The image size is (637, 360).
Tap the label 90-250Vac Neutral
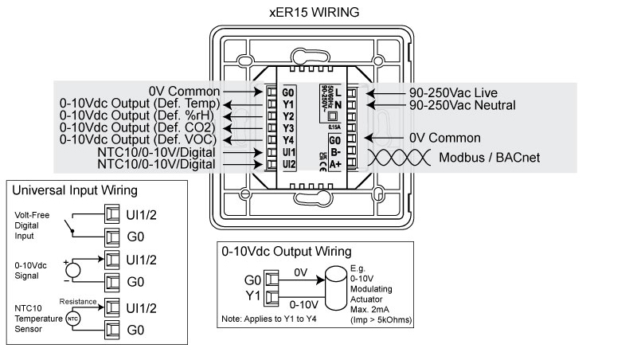pyautogui.click(x=463, y=104)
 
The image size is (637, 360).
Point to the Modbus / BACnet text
pyautogui.click(x=490, y=158)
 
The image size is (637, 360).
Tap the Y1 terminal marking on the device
pyautogui.click(x=288, y=104)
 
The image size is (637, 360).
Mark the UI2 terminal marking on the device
pyautogui.click(x=288, y=164)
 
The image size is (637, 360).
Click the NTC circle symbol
pyautogui.click(x=72, y=319)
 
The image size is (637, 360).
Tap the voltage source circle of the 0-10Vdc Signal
pyautogui.click(x=73, y=270)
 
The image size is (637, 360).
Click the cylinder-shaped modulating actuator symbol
pyautogui.click(x=334, y=288)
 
